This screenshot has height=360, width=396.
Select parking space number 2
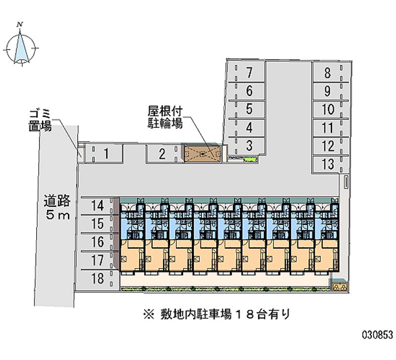[162, 154]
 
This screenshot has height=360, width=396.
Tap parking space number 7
[249, 73]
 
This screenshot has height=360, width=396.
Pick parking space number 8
[327, 73]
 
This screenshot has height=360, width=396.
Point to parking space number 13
[327, 164]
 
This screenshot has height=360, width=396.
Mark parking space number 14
[98, 205]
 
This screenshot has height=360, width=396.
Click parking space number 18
[98, 279]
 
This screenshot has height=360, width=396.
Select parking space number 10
[327, 109]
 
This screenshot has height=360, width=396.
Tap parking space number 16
[98, 242]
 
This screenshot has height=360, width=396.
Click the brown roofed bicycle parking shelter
[202, 154]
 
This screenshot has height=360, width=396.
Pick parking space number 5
[249, 109]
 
